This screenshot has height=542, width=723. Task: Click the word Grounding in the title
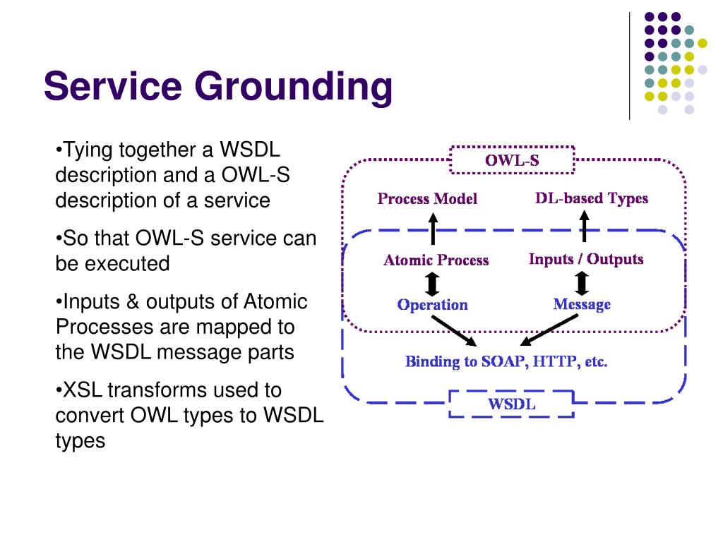[294, 88]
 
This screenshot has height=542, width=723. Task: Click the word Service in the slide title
[113, 85]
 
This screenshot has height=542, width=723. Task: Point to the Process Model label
[427, 198]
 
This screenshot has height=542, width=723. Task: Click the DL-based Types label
[592, 198]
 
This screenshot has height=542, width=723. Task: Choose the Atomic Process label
[436, 260]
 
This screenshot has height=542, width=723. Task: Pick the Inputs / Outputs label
[585, 259]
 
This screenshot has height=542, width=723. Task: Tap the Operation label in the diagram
[433, 305]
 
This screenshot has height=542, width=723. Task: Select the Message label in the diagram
[582, 304]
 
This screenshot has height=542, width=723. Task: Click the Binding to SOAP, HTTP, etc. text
[506, 361]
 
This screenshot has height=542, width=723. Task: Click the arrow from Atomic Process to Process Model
[433, 229]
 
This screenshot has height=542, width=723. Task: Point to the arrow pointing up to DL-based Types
[584, 227]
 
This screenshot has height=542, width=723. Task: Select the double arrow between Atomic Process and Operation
[432, 284]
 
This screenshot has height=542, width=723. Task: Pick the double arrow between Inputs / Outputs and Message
[582, 283]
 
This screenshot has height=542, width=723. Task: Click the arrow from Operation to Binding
[454, 331]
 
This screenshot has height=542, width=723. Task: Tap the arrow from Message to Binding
[549, 330]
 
